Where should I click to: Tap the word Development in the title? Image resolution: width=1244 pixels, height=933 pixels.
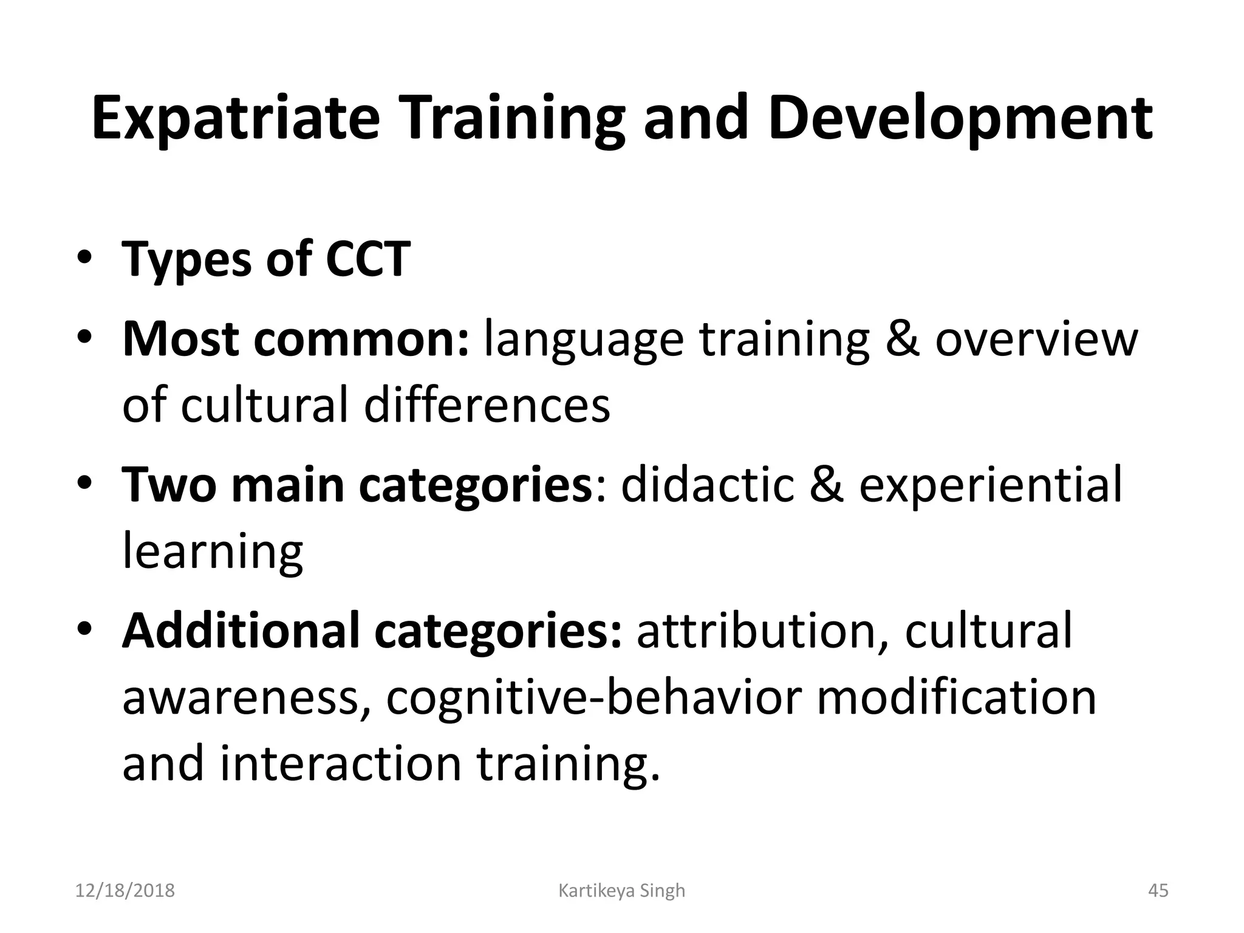[x=960, y=119]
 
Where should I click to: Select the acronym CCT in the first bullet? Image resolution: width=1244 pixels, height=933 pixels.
[x=368, y=259]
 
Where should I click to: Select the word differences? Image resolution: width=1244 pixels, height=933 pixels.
[x=487, y=406]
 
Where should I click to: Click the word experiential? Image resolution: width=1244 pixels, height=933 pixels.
[x=990, y=486]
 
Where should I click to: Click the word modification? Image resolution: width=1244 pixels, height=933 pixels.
[x=956, y=697]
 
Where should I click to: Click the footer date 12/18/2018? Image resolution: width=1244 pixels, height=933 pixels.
[x=125, y=890]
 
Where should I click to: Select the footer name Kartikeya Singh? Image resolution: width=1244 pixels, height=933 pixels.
[x=621, y=890]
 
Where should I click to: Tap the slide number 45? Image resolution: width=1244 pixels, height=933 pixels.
[x=1158, y=890]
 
